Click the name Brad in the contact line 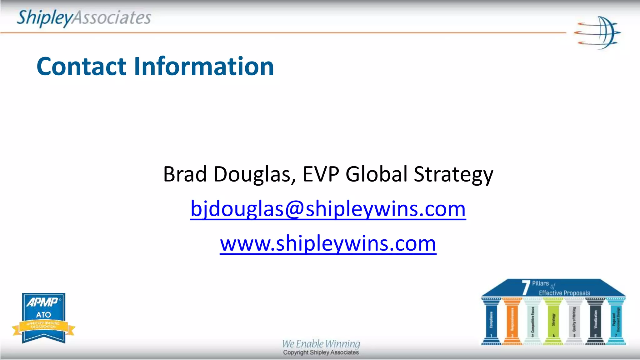tap(185, 174)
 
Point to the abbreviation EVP tap(321, 174)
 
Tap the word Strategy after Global tap(453, 174)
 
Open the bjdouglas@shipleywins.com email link tap(328, 209)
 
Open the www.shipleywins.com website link tap(328, 243)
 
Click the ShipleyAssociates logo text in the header tap(84, 18)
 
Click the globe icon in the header tap(597, 33)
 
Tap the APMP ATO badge tap(44, 318)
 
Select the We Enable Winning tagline tap(321, 344)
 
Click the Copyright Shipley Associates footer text tap(321, 352)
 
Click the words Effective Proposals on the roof tap(564, 293)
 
